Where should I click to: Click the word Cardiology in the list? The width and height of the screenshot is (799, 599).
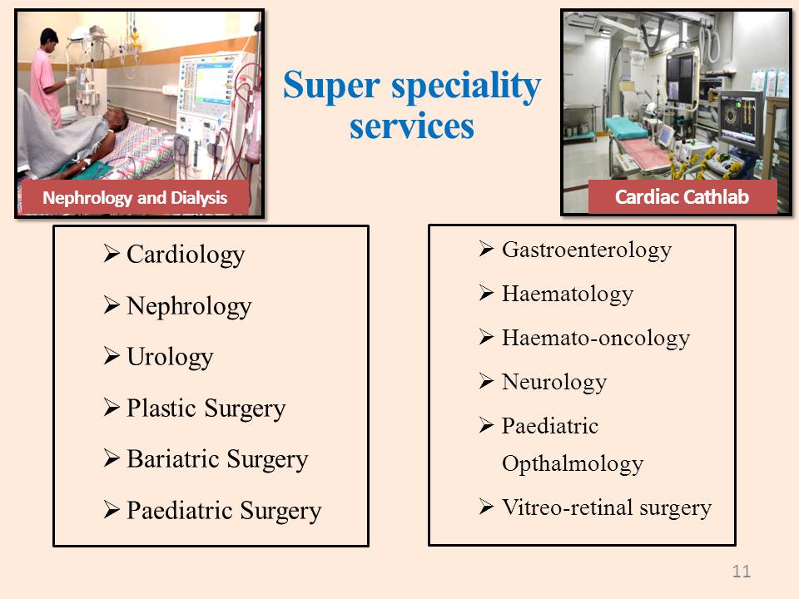tap(186, 255)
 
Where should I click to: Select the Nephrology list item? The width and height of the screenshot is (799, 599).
tap(189, 306)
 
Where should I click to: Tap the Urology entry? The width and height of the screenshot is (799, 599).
tap(170, 357)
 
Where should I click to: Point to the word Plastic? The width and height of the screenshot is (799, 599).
tap(161, 408)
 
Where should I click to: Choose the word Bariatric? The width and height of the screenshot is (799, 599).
tap(173, 458)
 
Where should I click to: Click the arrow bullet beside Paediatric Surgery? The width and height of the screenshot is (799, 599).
tap(112, 509)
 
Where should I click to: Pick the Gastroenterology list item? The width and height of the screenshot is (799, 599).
tap(587, 250)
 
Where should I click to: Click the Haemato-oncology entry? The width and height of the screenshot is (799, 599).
tap(596, 339)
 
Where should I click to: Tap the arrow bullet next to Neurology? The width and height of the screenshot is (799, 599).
tap(487, 381)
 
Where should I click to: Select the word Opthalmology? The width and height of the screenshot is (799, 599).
tap(573, 464)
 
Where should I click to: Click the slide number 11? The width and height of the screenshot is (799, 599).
tap(742, 571)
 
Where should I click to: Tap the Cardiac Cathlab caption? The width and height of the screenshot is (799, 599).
tap(682, 196)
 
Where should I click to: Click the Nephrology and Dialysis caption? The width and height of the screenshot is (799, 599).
tap(135, 198)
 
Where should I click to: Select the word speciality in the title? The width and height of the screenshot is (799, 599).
tap(466, 86)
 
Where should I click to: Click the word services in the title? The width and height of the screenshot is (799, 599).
tap(412, 126)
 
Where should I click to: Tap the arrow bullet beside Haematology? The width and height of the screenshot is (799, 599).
tap(487, 293)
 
